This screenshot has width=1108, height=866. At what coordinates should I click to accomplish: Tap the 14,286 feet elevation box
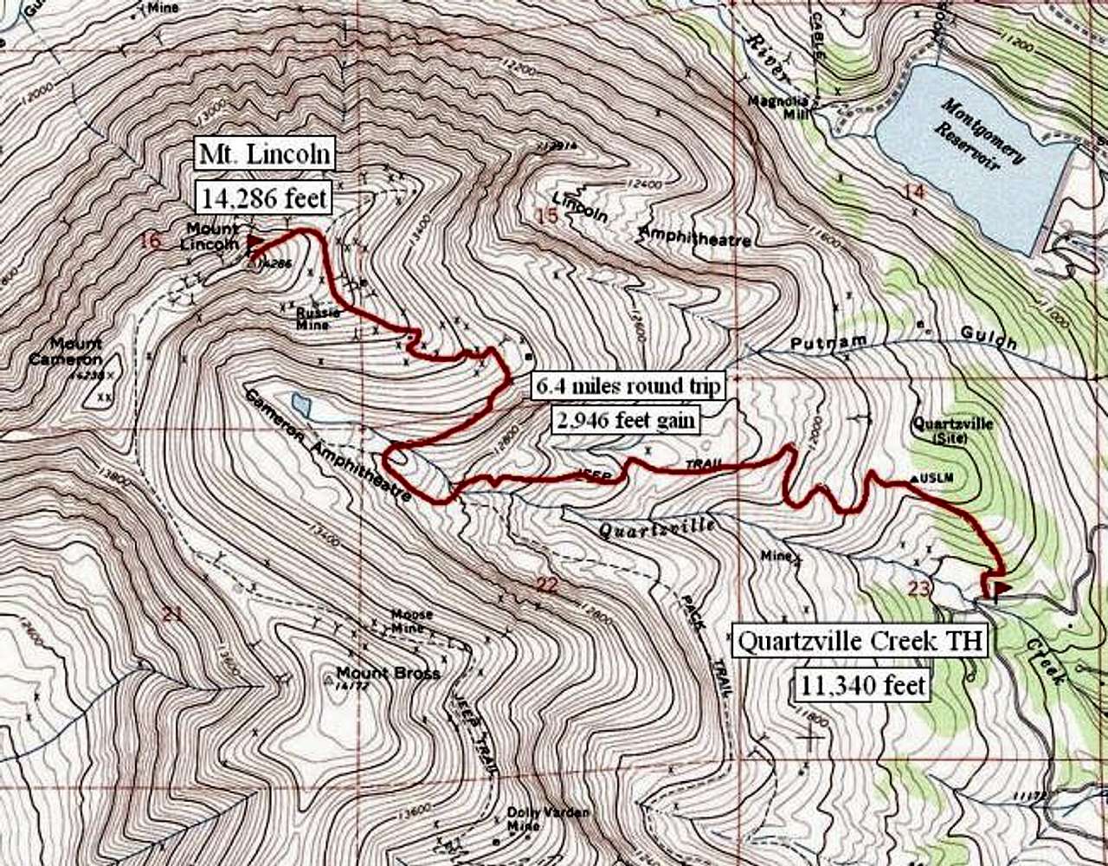[263, 198]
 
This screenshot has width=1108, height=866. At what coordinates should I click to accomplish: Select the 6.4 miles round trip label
[627, 387]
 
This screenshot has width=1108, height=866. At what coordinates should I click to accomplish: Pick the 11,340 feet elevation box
[862, 686]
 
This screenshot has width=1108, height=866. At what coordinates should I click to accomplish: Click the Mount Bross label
[388, 674]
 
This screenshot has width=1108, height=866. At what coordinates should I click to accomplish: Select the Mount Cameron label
[65, 351]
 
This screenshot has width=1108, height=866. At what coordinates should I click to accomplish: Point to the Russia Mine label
[312, 318]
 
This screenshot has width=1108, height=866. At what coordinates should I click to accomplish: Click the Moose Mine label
[410, 620]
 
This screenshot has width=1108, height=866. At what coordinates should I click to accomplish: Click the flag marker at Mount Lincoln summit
[254, 241]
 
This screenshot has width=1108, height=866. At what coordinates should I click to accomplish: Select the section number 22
[546, 586]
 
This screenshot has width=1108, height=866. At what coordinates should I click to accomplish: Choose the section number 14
[914, 191]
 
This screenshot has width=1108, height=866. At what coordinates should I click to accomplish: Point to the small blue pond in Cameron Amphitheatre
[301, 403]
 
